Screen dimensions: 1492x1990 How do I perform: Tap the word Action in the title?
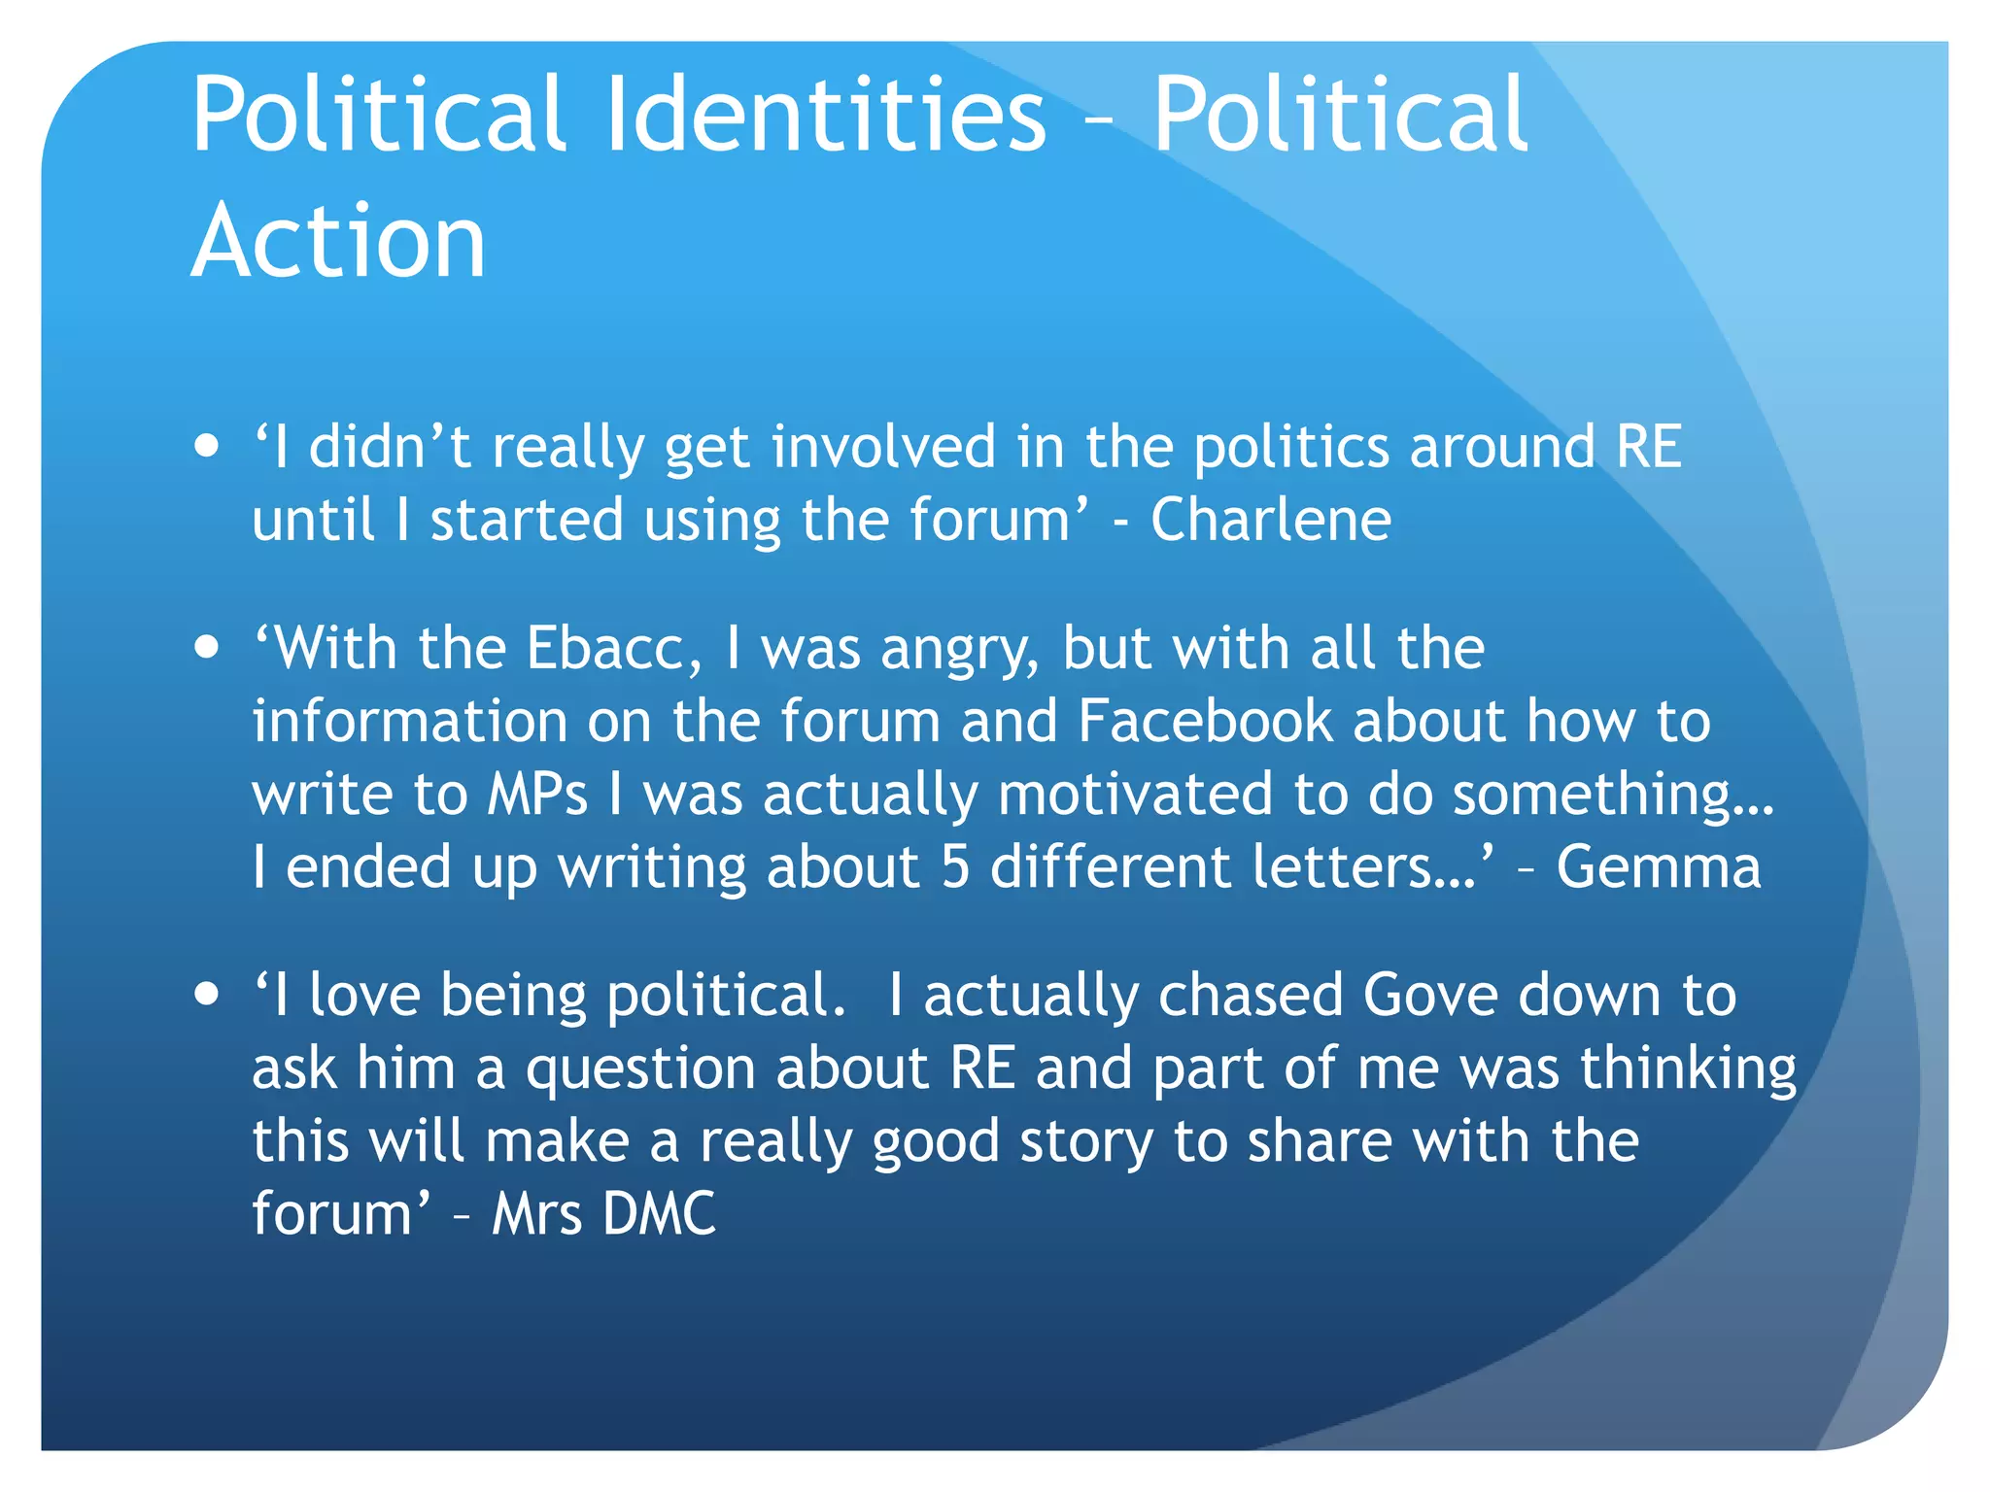point(338,241)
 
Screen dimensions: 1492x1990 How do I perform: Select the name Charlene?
point(1271,520)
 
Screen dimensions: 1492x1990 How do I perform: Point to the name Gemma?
point(1658,866)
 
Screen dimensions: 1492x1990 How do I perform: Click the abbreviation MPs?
point(537,794)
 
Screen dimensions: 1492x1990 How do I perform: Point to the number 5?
point(955,866)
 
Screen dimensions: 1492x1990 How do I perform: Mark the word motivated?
point(1135,794)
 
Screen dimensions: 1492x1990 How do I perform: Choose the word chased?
point(1251,996)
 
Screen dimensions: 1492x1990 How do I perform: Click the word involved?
point(884,447)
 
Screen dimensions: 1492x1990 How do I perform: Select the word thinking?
point(1688,1069)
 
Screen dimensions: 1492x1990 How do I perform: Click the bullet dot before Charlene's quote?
point(206,447)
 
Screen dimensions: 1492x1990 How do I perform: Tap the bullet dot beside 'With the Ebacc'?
point(206,648)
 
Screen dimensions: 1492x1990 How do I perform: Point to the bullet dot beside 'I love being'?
point(206,995)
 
